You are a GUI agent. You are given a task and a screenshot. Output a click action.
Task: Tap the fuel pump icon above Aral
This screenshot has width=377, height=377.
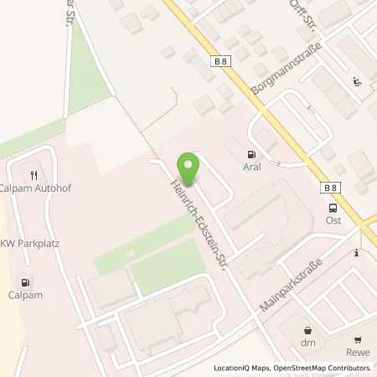[x=250, y=154]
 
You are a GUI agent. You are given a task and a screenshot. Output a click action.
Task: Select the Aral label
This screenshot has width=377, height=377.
[x=250, y=168]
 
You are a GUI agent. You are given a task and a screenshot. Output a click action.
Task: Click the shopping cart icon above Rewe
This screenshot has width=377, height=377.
[x=359, y=339]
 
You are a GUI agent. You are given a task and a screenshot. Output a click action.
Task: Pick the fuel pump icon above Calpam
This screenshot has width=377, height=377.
[x=27, y=282]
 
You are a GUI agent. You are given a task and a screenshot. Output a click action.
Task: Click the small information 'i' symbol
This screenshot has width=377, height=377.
[x=357, y=252]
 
